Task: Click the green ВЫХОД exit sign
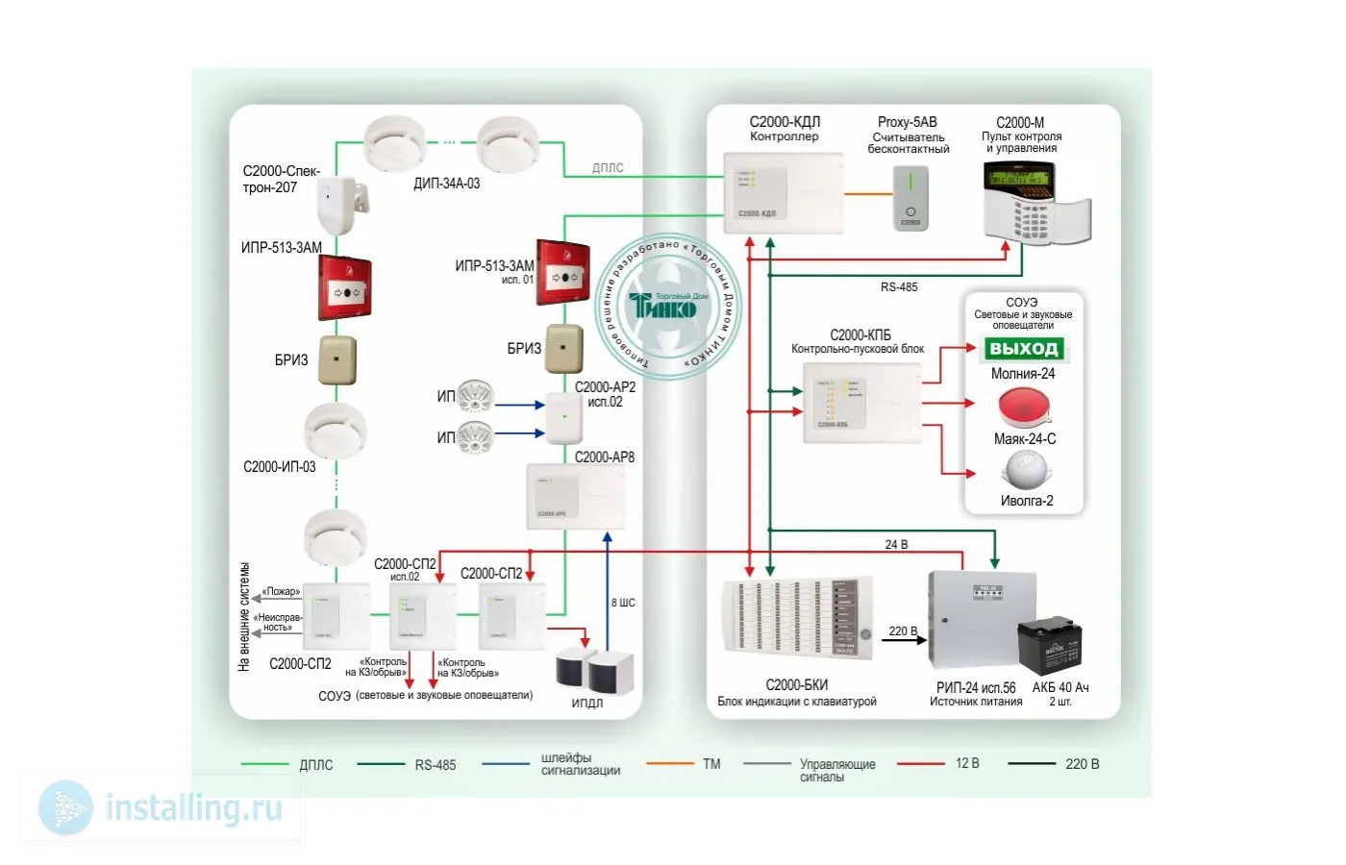click(x=1024, y=349)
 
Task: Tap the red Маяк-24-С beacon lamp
click(x=1024, y=408)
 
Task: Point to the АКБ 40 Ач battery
click(x=1050, y=646)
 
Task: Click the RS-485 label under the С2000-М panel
click(x=899, y=287)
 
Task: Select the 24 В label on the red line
click(x=896, y=545)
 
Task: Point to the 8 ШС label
click(x=623, y=603)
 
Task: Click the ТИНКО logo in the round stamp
click(x=663, y=308)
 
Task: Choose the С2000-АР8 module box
click(x=575, y=496)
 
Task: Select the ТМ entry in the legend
click(x=710, y=764)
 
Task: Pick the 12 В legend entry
click(x=967, y=763)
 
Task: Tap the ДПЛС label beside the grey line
click(x=608, y=168)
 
